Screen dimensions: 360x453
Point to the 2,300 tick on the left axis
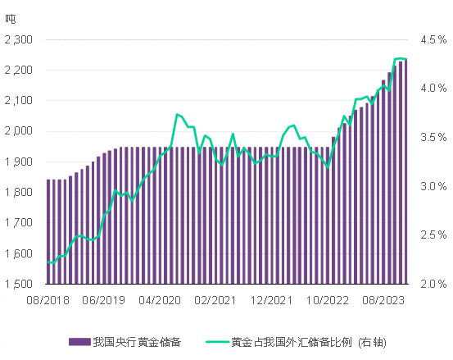(18, 39)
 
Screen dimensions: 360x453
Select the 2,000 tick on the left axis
(18, 131)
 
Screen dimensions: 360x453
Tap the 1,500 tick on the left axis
(18, 284)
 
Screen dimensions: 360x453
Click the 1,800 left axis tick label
(18, 192)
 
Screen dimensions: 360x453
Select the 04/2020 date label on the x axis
(160, 301)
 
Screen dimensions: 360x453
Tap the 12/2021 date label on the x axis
(272, 301)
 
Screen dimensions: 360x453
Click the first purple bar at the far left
(48, 231)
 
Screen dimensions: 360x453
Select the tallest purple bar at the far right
(406, 171)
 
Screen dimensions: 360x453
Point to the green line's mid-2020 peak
(177, 114)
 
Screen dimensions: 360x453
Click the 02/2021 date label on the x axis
(216, 301)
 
